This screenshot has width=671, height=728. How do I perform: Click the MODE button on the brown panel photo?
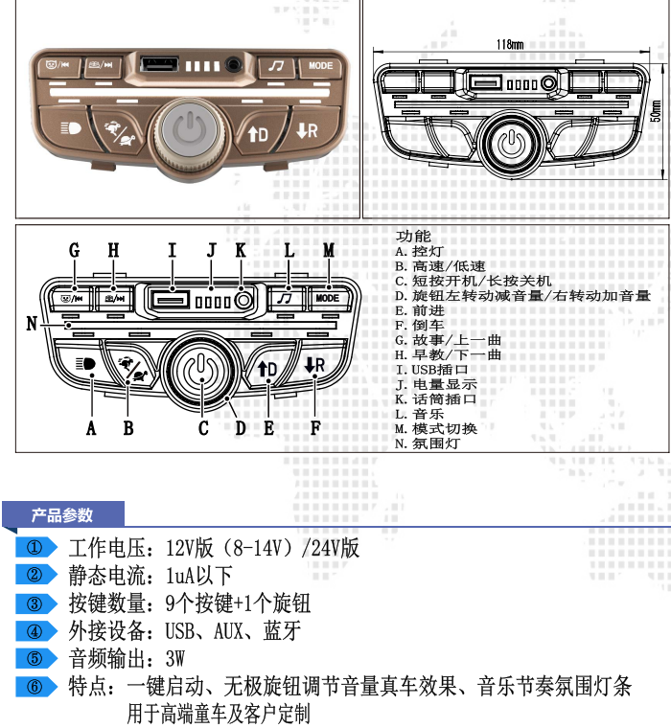pos(320,66)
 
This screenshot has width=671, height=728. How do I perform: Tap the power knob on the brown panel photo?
pos(192,128)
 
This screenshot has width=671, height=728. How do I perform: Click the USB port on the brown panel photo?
pos(157,65)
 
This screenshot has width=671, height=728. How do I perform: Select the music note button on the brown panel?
pos(277,66)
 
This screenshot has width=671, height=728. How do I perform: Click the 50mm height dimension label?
pos(657,112)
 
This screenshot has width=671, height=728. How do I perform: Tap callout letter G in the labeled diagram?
pos(74,250)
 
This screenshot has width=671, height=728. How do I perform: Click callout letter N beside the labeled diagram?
pos(32,325)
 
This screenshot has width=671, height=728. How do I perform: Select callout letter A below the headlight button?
pos(91,428)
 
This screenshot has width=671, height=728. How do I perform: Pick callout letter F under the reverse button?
pos(315,428)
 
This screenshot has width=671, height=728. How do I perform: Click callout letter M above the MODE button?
pos(329,250)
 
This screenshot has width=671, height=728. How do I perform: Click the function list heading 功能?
pos(413,236)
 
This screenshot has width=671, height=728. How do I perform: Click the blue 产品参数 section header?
pos(62,515)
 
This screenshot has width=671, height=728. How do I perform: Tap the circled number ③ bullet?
pos(35,603)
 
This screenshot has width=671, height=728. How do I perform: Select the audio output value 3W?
pos(174,659)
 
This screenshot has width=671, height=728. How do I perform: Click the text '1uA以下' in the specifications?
pos(199,576)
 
